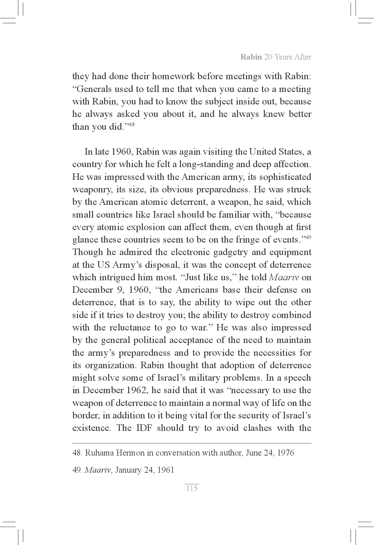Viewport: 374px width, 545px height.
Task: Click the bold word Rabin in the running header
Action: (251, 57)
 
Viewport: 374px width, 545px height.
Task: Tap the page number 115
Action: (192, 488)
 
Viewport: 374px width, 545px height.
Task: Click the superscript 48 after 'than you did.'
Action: (131, 125)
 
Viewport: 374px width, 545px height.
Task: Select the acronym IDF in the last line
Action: (144, 428)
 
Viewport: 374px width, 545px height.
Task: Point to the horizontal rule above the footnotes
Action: (192, 443)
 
